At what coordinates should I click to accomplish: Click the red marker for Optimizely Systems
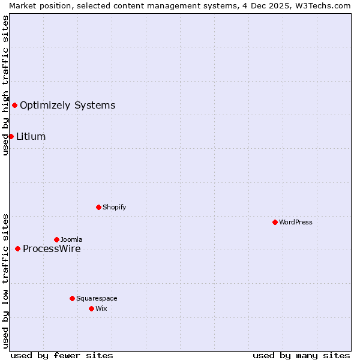point(14,106)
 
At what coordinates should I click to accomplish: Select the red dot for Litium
point(11,137)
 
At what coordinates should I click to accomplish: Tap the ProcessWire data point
point(17,248)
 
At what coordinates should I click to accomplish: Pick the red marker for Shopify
point(98,207)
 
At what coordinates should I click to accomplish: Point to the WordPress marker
point(275,222)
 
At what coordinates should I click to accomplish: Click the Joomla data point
point(56,239)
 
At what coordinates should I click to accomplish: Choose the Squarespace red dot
point(72,298)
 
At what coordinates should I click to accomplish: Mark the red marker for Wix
point(91,308)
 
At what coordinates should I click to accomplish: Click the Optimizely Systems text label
point(67,106)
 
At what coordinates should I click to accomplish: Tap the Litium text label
point(31,137)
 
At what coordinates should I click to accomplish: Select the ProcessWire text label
point(52,249)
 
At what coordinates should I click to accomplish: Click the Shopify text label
point(114,207)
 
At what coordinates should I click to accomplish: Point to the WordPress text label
point(296,222)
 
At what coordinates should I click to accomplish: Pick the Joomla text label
point(71,239)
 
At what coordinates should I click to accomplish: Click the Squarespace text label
point(97,298)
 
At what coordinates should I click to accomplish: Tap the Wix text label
point(101,308)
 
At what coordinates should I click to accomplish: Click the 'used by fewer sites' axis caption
point(62,355)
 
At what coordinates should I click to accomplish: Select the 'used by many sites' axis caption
point(301,355)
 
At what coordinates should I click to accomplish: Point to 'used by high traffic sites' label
point(5,85)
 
